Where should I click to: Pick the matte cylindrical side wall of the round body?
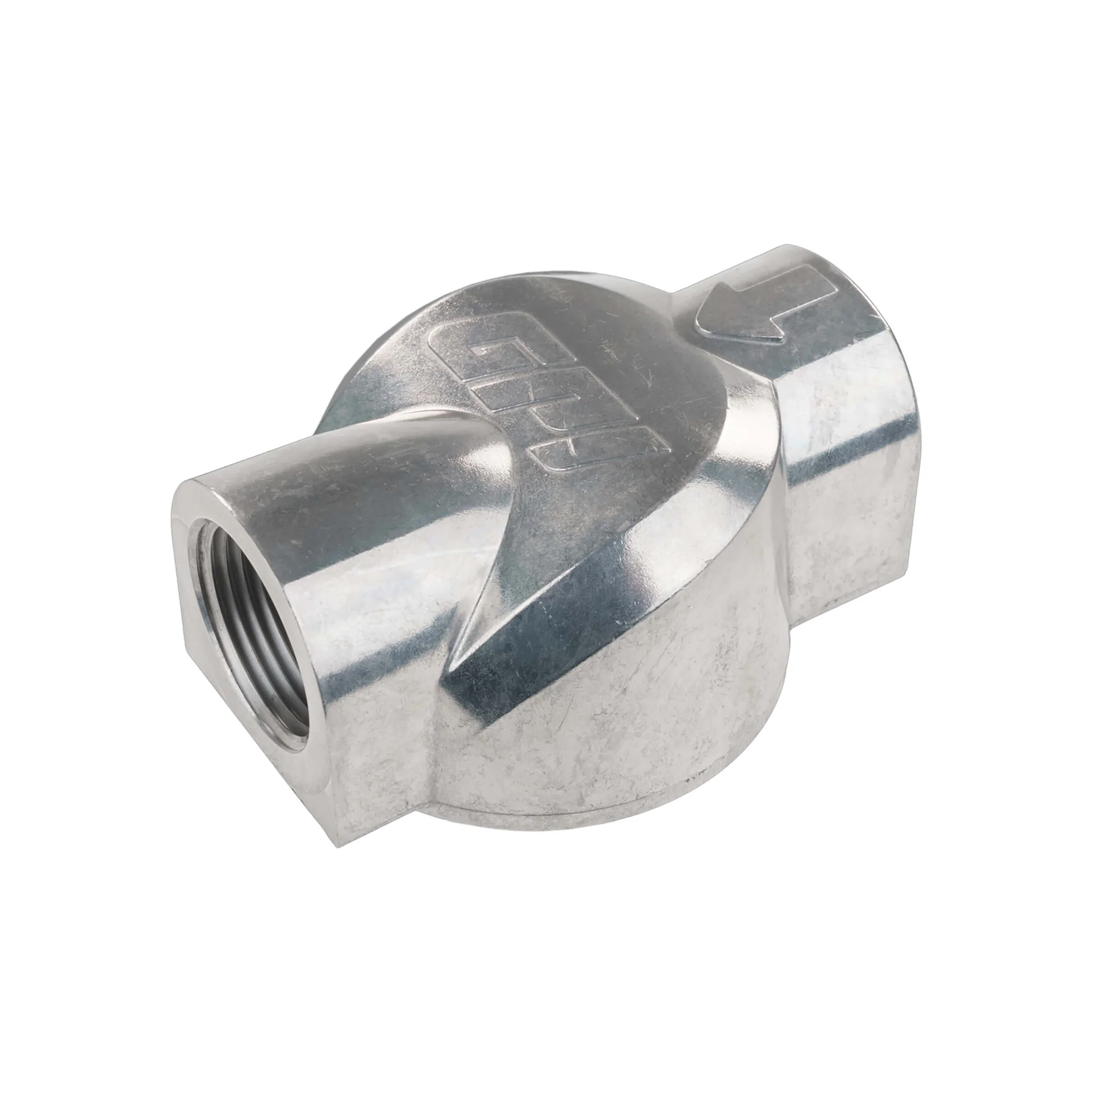[x=622, y=707]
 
